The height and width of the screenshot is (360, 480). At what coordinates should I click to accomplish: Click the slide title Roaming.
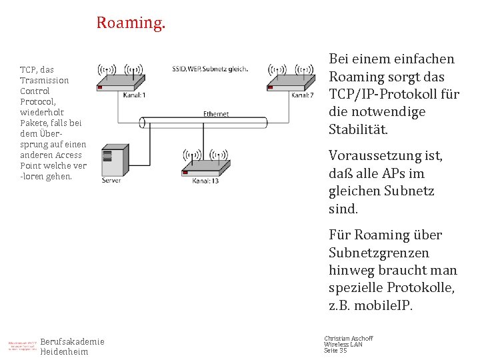tap(131, 23)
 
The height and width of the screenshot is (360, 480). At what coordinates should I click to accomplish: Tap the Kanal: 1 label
tap(135, 95)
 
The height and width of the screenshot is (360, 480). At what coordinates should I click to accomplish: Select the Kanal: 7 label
tap(302, 95)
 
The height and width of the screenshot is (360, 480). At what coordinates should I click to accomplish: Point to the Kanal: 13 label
tap(205, 181)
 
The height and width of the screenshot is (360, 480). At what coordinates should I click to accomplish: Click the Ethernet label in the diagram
tap(216, 114)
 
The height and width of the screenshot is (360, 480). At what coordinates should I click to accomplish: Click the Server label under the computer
tap(111, 180)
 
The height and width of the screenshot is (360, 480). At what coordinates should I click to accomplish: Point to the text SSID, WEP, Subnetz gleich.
tap(210, 68)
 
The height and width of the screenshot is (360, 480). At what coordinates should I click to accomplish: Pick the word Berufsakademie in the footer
tap(73, 342)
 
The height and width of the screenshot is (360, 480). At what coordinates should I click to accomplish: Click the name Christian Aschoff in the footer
tap(348, 339)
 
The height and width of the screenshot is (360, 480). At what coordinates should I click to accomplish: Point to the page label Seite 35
tap(335, 351)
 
